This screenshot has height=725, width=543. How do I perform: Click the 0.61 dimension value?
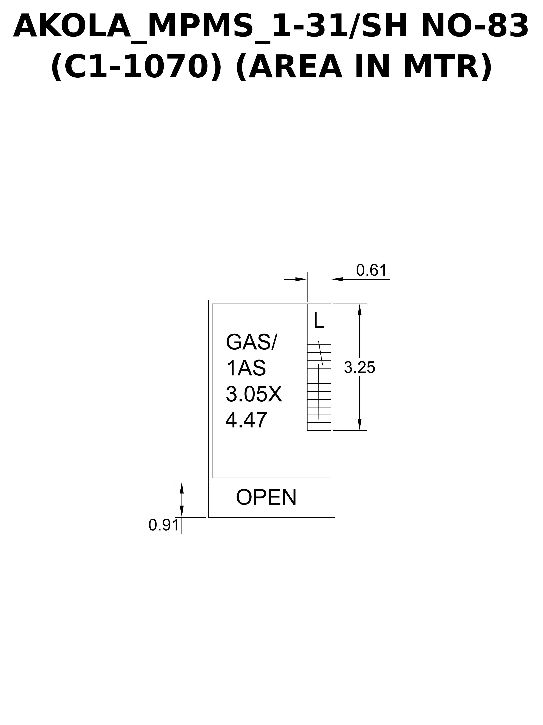tap(371, 270)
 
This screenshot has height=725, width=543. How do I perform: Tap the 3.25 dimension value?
tap(360, 368)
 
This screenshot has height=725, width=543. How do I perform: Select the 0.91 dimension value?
tap(164, 525)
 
